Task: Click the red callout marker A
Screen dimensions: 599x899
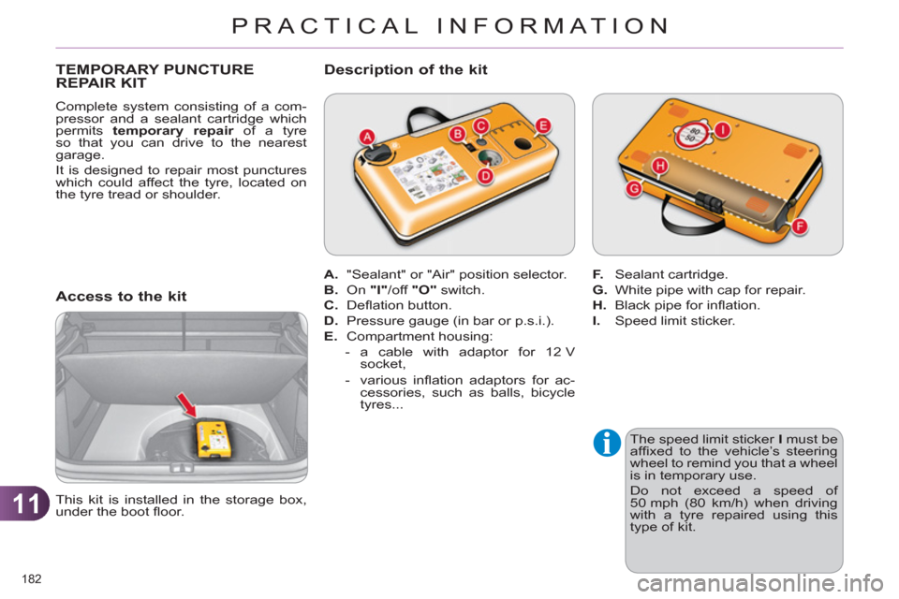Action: [368, 138]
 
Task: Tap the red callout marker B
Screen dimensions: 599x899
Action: [458, 135]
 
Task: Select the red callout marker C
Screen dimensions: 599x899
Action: [480, 125]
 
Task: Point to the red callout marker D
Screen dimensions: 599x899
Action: [486, 175]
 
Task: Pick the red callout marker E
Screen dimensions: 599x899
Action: [542, 125]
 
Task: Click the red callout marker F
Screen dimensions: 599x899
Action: [799, 226]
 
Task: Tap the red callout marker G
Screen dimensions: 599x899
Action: [634, 189]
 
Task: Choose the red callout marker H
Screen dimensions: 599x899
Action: [659, 167]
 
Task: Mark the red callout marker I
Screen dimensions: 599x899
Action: [722, 128]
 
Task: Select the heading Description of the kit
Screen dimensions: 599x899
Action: [405, 69]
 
